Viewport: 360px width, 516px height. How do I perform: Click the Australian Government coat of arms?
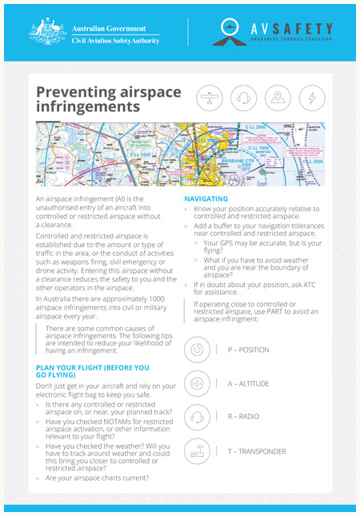pyautogui.click(x=47, y=31)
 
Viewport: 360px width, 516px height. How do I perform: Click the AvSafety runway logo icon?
pyautogui.click(x=238, y=31)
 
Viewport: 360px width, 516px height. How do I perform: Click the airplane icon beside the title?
pyautogui.click(x=209, y=98)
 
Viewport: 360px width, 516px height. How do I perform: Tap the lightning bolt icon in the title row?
pyautogui.click(x=312, y=98)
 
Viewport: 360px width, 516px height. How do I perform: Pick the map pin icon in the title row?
pyautogui.click(x=278, y=98)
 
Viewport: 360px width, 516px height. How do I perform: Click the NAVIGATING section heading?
pyautogui.click(x=206, y=198)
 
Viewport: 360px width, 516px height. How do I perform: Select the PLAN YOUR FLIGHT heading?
pyautogui.click(x=92, y=371)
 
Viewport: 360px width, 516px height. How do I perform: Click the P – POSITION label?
pyautogui.click(x=248, y=350)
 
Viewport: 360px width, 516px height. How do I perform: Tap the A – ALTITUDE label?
pyautogui.click(x=248, y=384)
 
